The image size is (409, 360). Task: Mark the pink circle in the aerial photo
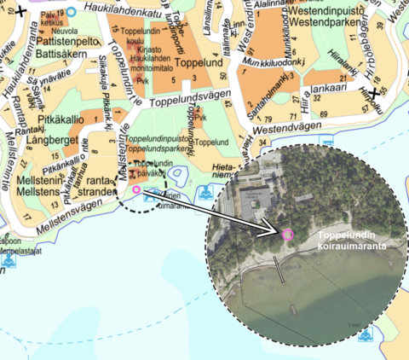tap(287, 233)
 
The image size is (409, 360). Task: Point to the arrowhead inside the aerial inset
tap(278, 229)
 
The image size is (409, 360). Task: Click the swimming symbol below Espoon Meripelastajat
tap(8, 262)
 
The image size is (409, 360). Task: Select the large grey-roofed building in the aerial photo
tap(255, 200)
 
